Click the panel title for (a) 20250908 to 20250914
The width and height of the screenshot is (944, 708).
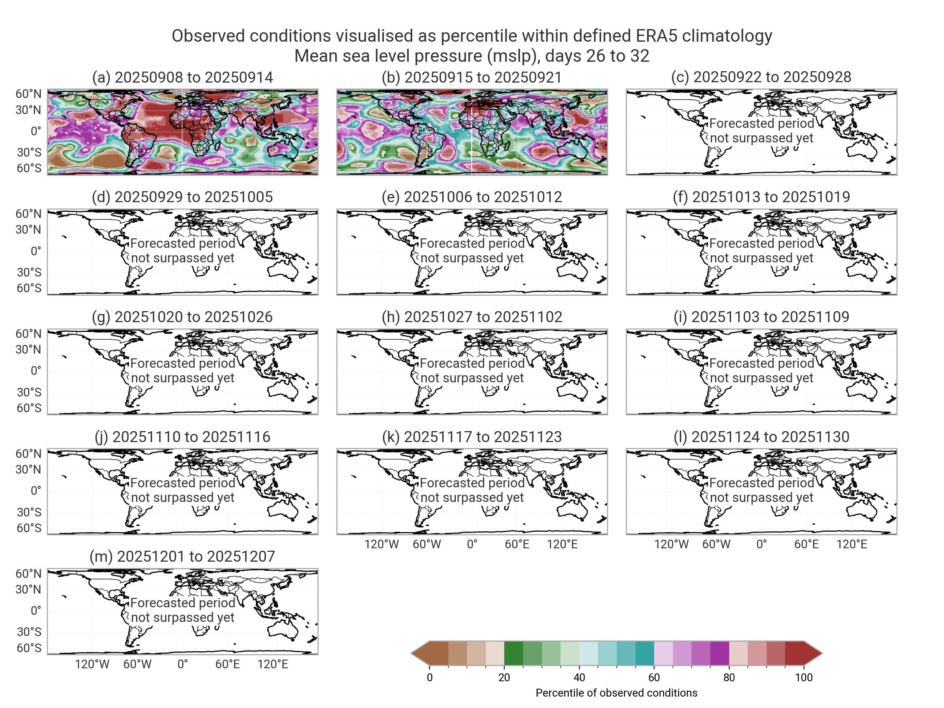(x=182, y=77)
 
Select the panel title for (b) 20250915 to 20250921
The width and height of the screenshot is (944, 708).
(x=472, y=77)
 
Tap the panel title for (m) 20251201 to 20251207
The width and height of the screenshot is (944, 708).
(x=182, y=557)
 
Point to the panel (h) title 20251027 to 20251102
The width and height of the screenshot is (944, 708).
(x=472, y=317)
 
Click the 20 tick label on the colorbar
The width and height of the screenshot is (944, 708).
(x=504, y=678)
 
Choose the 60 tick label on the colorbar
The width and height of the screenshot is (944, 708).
(x=654, y=678)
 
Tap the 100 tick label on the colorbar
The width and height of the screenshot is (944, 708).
(x=804, y=678)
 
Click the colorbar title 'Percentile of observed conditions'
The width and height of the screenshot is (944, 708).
(x=616, y=693)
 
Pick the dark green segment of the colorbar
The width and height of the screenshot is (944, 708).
(x=513, y=653)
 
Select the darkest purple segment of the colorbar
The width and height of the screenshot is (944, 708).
(x=719, y=653)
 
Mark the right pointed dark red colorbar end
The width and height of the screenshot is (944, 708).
(x=813, y=653)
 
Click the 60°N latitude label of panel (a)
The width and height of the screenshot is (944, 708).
(x=29, y=94)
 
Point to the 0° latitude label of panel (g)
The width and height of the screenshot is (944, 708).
(x=36, y=371)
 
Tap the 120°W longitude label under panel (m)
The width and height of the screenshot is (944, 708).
(x=92, y=664)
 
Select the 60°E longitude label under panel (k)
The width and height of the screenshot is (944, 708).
(x=517, y=544)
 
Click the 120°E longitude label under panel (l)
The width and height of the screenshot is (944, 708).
(x=852, y=544)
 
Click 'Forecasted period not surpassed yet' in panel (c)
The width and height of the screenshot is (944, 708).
(x=761, y=131)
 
